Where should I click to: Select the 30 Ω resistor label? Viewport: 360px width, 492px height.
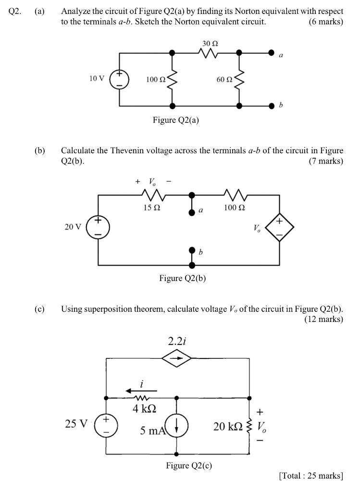pos(210,43)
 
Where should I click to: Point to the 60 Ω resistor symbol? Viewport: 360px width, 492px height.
pos(239,79)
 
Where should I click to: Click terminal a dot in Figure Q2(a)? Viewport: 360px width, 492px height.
pos(272,52)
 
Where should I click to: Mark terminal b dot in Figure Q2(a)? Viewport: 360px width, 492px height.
pos(272,105)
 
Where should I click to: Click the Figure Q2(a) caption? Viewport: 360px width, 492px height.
pos(175,120)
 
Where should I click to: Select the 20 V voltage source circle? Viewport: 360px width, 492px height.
pos(98,226)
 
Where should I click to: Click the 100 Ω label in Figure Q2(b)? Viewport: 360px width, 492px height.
pos(235,208)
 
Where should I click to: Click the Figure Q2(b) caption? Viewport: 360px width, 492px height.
pos(183,278)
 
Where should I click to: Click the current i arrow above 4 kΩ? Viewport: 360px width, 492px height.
pos(141,391)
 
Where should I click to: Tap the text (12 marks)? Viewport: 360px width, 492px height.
pos(323,319)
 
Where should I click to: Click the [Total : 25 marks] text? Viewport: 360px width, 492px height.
pos(310,476)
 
